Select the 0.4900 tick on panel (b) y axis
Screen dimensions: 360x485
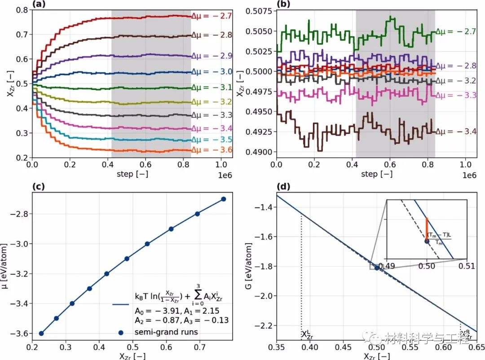point(260,152)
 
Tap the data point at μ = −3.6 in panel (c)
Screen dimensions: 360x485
point(41,333)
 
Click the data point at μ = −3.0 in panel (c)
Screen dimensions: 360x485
point(147,244)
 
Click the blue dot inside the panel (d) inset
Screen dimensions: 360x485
point(427,241)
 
